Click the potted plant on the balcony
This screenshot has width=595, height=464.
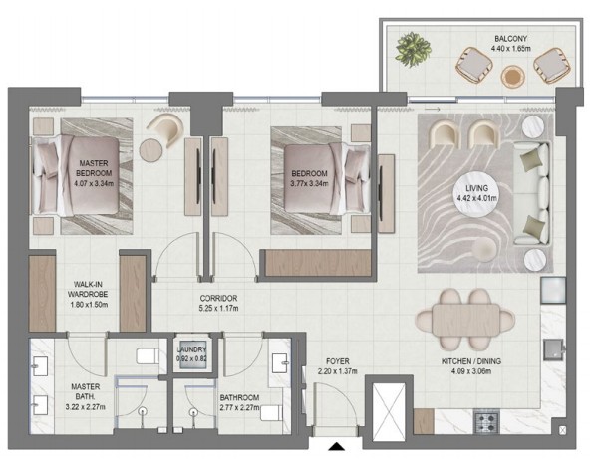click(x=414, y=50)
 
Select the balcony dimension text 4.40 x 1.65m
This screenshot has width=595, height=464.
click(x=510, y=48)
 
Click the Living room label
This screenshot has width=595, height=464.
click(x=477, y=188)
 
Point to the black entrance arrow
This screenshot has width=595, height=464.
click(x=336, y=446)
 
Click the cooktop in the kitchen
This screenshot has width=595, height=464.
click(x=486, y=422)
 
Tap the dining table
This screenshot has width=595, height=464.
click(x=465, y=320)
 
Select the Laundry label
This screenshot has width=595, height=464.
click(x=191, y=349)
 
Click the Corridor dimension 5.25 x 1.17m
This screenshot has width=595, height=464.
click(x=219, y=309)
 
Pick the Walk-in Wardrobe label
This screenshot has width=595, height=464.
click(x=88, y=289)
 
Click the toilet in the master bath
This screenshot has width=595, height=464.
click(x=148, y=356)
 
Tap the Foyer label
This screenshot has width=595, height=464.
click(x=337, y=361)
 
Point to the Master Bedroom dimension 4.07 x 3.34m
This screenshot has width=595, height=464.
click(x=94, y=183)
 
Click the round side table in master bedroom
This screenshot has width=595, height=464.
click(x=150, y=150)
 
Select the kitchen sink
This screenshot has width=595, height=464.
click(x=553, y=349)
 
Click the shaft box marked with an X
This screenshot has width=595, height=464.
click(x=389, y=412)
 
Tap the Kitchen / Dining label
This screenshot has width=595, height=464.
click(x=470, y=361)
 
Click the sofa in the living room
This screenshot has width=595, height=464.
click(x=531, y=193)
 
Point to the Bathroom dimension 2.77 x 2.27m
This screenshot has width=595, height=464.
click(x=239, y=408)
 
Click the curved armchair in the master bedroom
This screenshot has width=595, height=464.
click(x=165, y=128)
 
